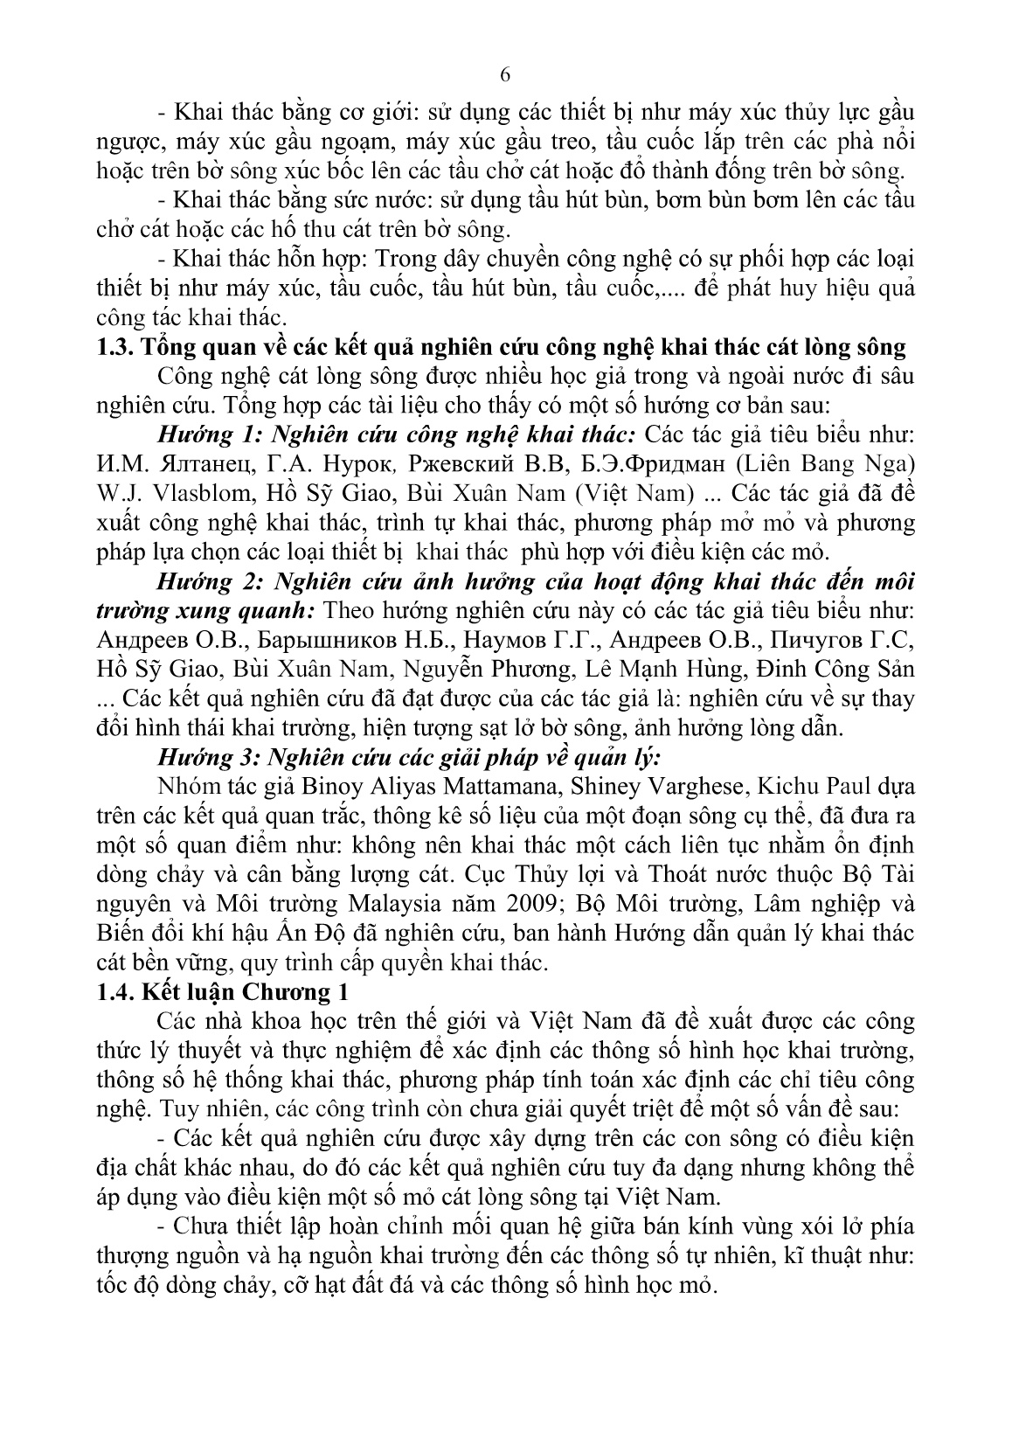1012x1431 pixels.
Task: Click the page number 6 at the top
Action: click(505, 75)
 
